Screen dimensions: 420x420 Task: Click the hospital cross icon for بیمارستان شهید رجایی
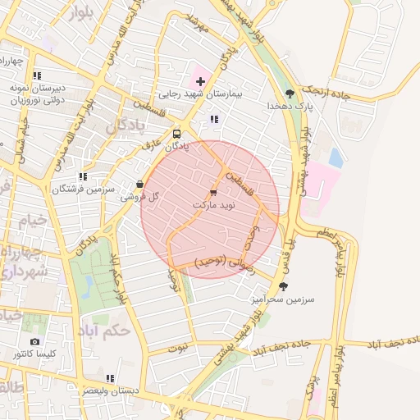199,81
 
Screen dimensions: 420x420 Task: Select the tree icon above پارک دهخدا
289,93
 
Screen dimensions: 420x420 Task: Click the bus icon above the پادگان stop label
178,134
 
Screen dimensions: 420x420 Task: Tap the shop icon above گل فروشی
139,184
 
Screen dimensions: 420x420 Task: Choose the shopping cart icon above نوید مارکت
214,191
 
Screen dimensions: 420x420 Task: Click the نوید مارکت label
213,203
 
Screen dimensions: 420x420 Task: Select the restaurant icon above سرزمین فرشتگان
82,176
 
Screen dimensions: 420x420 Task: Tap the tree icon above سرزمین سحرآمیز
284,286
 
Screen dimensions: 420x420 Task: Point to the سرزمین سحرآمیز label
283,300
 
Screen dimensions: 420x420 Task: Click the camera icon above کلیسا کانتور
34,341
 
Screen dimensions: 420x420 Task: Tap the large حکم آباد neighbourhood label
107,331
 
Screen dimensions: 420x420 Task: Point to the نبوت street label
178,347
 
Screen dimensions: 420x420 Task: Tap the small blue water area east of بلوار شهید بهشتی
336,157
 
